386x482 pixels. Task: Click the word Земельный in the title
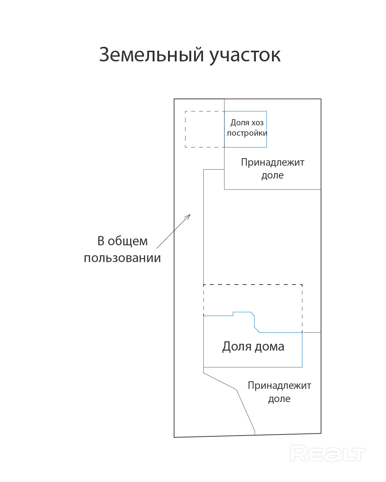(152, 55)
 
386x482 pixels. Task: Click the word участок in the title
(245, 56)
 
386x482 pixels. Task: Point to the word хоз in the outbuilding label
(257, 123)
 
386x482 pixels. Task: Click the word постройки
(247, 133)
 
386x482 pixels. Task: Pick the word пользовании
(122, 258)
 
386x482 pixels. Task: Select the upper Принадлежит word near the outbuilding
(272, 162)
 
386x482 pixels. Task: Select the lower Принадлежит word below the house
(279, 386)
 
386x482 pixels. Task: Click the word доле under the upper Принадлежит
(272, 175)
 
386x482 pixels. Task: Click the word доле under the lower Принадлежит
(279, 399)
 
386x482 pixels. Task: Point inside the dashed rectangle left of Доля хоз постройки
(205, 129)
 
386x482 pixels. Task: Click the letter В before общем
(101, 241)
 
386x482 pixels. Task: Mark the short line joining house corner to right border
(312, 333)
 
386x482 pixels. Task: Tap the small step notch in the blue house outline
(233, 314)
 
